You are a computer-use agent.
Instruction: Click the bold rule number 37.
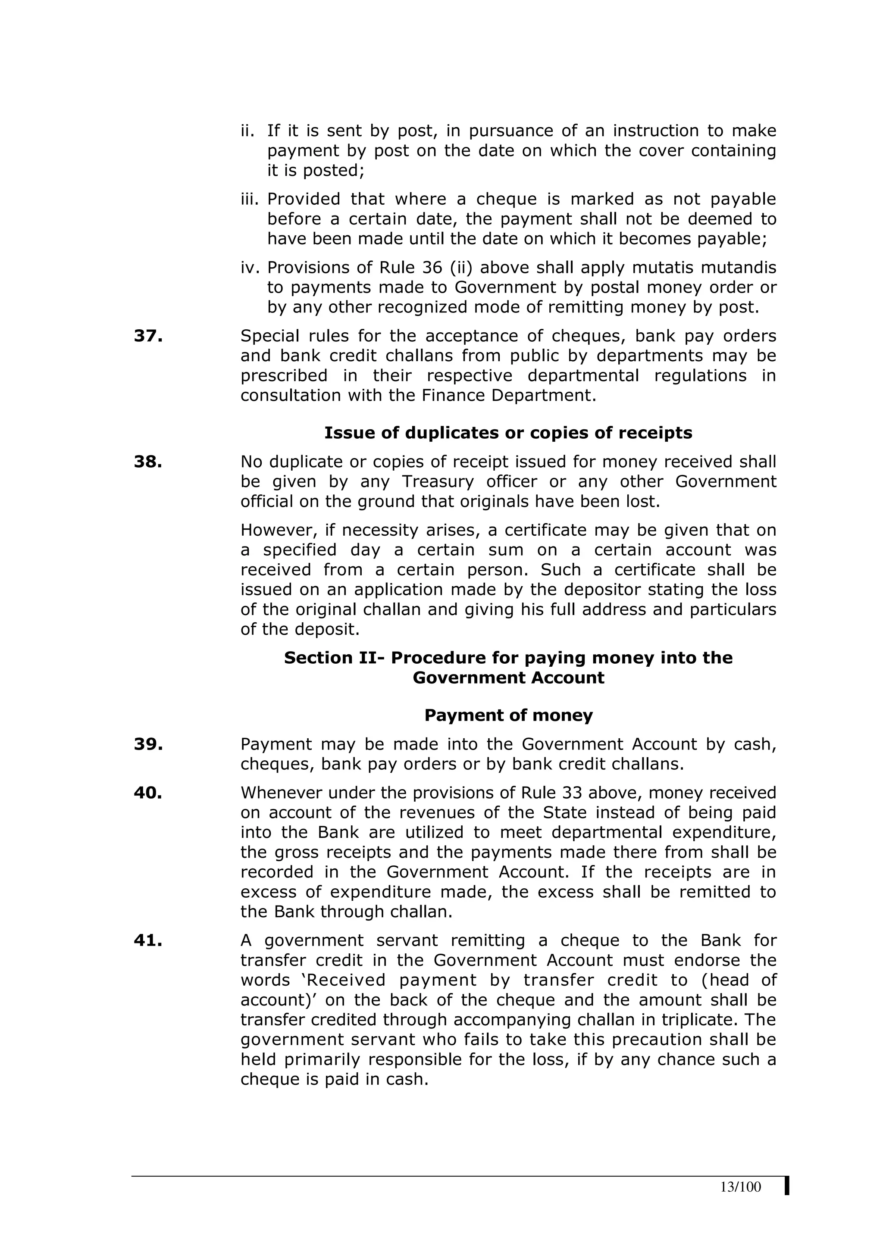tap(148, 336)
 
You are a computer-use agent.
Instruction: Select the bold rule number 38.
tap(148, 462)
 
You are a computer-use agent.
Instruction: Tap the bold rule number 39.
tap(148, 744)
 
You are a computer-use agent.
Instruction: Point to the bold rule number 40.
tap(148, 793)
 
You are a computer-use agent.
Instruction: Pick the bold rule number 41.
tap(148, 940)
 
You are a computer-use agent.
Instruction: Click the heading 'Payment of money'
tap(508, 715)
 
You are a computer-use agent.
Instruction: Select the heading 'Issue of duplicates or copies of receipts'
tap(508, 433)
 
